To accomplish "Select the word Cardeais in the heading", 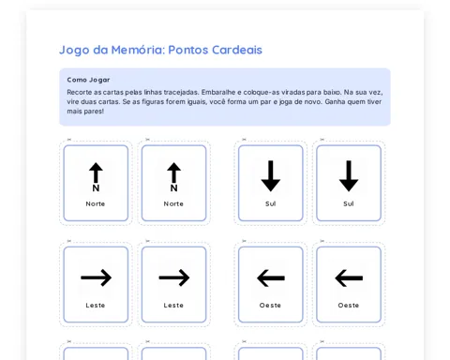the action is coord(237,50).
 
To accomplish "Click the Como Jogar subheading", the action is coord(88,80).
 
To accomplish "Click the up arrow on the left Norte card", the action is coord(96,172).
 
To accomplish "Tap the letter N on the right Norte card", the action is coord(174,187).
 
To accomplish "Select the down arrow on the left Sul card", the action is coord(271,176).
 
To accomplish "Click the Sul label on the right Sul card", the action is coord(349,203).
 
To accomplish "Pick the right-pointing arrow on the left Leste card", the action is coord(96,277).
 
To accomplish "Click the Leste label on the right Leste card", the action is coord(173,306).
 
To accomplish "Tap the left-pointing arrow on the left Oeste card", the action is coord(271,277).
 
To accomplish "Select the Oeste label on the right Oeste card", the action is coord(349,306).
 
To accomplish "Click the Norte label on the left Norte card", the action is coord(96,203).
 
